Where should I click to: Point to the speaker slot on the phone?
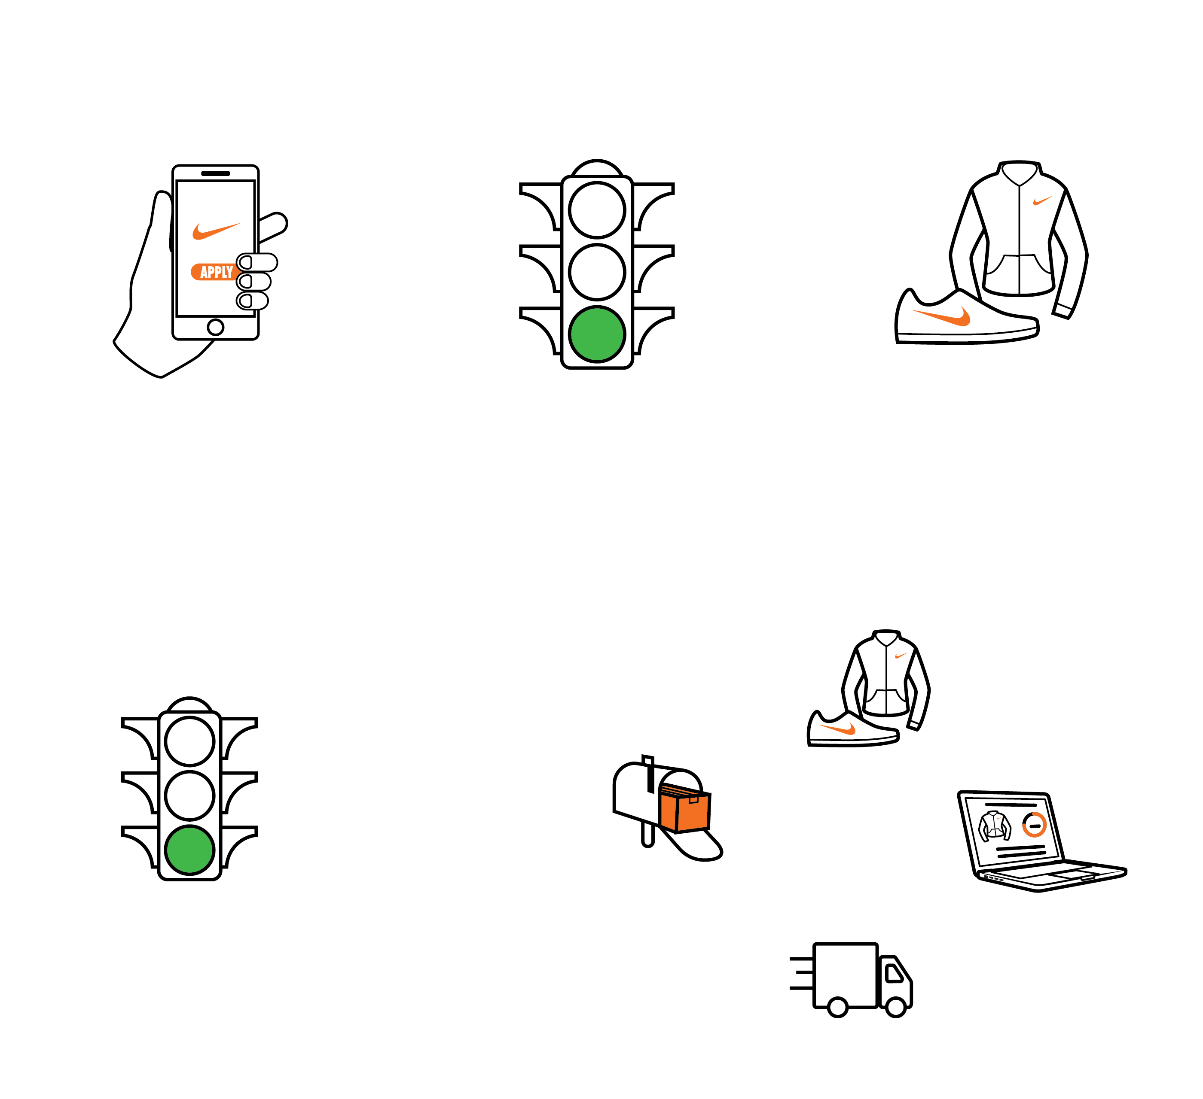215,173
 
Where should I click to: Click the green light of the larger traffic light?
597,334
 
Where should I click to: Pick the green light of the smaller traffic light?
190,850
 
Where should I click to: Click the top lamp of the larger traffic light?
597,210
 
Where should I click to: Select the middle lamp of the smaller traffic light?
190,795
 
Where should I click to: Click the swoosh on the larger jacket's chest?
1042,200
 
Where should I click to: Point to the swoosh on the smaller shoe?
838,728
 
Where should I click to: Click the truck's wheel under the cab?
896,1007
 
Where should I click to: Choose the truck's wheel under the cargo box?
838,1007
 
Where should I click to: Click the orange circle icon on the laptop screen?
1034,825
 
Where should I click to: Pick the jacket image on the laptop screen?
995,826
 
